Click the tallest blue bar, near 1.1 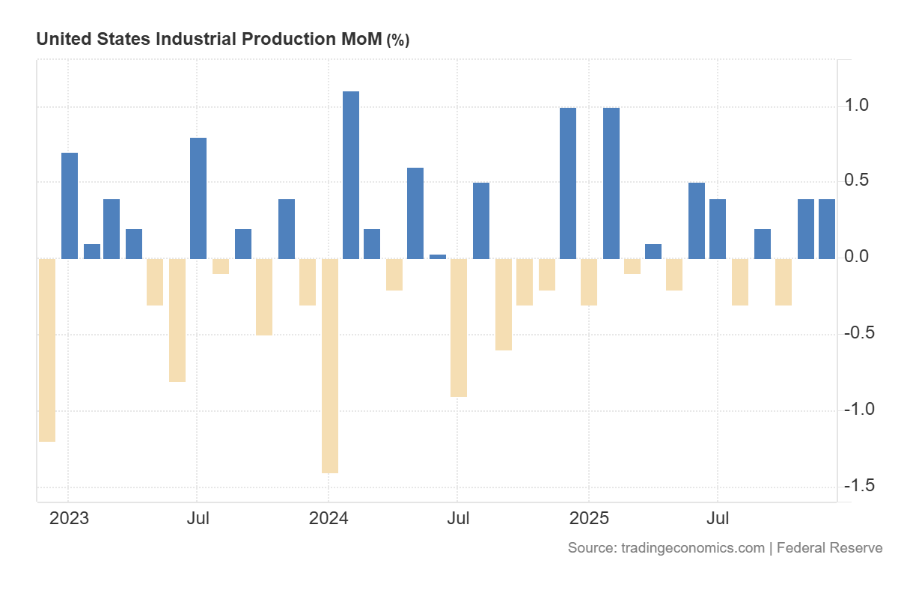tap(351, 175)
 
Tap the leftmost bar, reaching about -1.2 tap(47, 350)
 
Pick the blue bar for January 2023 tap(70, 206)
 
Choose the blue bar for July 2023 tap(198, 198)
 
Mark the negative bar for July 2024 tap(459, 327)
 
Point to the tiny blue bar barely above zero tap(438, 257)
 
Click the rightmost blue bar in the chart tap(827, 229)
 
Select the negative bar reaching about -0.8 tap(177, 320)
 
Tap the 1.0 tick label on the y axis tap(858, 106)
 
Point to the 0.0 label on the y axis tap(858, 257)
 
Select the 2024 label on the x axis tap(329, 517)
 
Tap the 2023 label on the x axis tap(69, 517)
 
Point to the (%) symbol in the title tap(397, 40)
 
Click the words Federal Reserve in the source tap(830, 548)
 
